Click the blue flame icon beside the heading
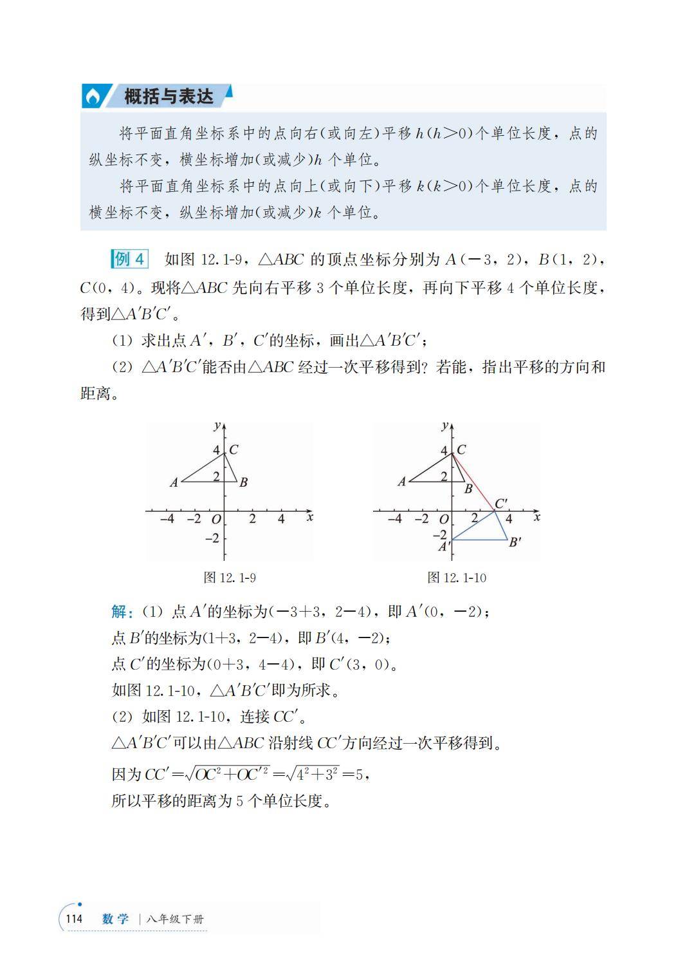tap(93, 97)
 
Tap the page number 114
tap(74, 919)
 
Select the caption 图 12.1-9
tap(230, 578)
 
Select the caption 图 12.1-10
tap(457, 578)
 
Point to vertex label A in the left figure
tap(174, 482)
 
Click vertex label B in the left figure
tap(243, 482)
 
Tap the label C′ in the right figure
tap(500, 504)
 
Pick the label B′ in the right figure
tap(515, 542)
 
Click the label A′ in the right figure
tap(444, 547)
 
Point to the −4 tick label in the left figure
tap(167, 518)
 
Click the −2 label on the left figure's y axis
tap(212, 538)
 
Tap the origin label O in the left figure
tap(216, 519)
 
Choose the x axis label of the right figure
tap(537, 516)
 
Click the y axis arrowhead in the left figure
tap(224, 426)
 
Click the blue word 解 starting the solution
tap(119, 611)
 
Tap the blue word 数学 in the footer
tap(116, 919)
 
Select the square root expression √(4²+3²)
tap(313, 773)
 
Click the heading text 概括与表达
tap(169, 97)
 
